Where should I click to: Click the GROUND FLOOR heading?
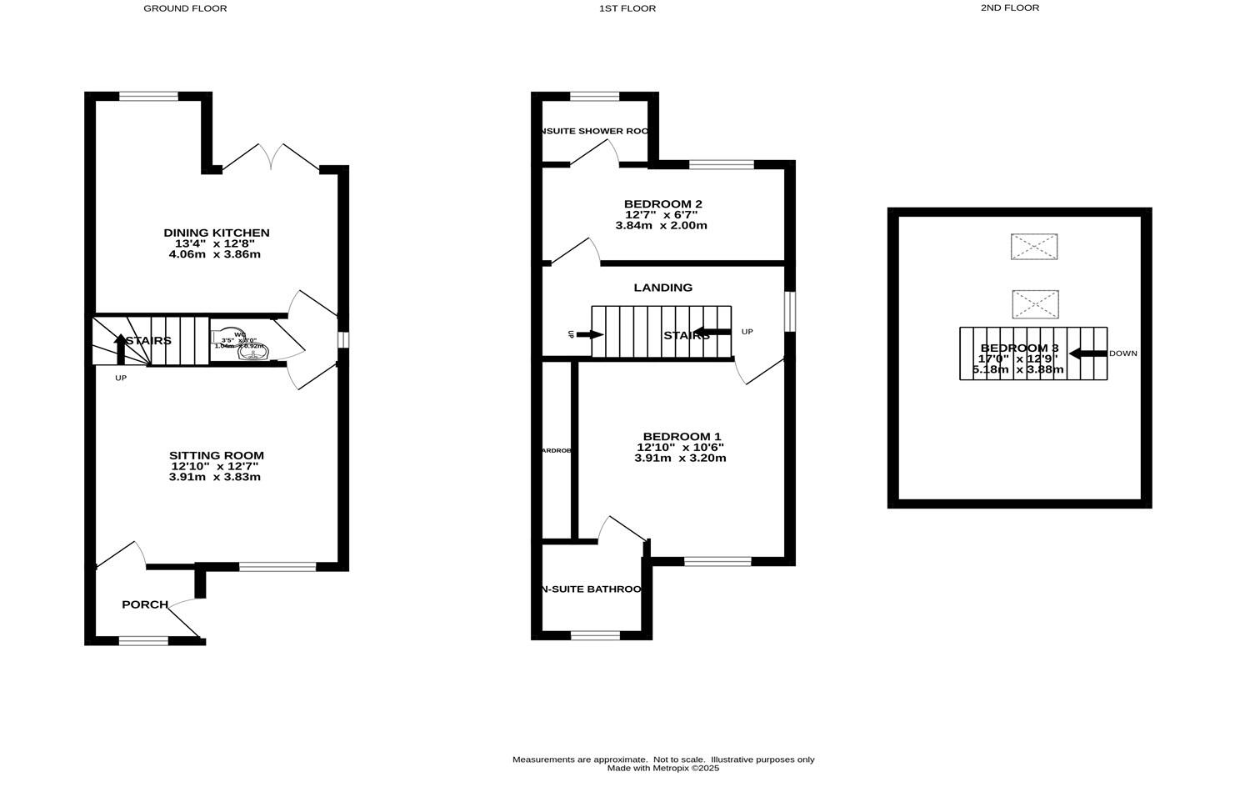click(x=185, y=8)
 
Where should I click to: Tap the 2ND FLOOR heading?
click(x=1009, y=8)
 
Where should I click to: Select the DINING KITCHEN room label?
click(x=216, y=233)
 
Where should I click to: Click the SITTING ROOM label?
click(x=216, y=455)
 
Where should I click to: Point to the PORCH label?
click(x=145, y=604)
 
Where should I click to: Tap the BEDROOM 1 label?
click(x=682, y=436)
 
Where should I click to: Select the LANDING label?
click(x=662, y=288)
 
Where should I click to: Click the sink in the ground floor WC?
click(x=252, y=353)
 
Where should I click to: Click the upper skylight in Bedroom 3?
click(x=1033, y=247)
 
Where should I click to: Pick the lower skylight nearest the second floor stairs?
click(x=1035, y=304)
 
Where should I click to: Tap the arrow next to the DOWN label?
click(x=1087, y=353)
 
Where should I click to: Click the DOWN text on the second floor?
click(x=1122, y=353)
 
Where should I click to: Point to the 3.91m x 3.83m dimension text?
click(x=216, y=477)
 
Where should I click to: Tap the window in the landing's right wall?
click(x=790, y=310)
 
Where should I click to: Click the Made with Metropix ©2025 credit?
click(x=662, y=769)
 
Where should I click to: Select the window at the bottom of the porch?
click(x=143, y=640)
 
